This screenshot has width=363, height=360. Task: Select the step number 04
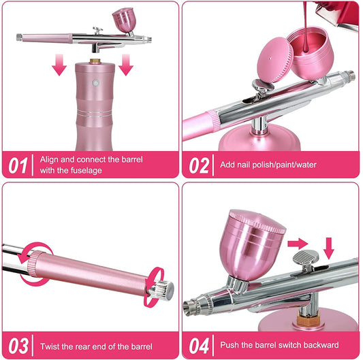(x=198, y=346)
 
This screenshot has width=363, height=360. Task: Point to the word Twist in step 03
(x=50, y=346)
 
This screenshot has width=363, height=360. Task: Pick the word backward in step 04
(x=320, y=346)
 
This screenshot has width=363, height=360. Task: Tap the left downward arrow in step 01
(x=60, y=64)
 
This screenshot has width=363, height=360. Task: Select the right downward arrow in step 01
(x=125, y=64)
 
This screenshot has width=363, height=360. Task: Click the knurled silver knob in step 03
(x=161, y=289)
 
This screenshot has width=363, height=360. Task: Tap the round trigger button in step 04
(x=307, y=259)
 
